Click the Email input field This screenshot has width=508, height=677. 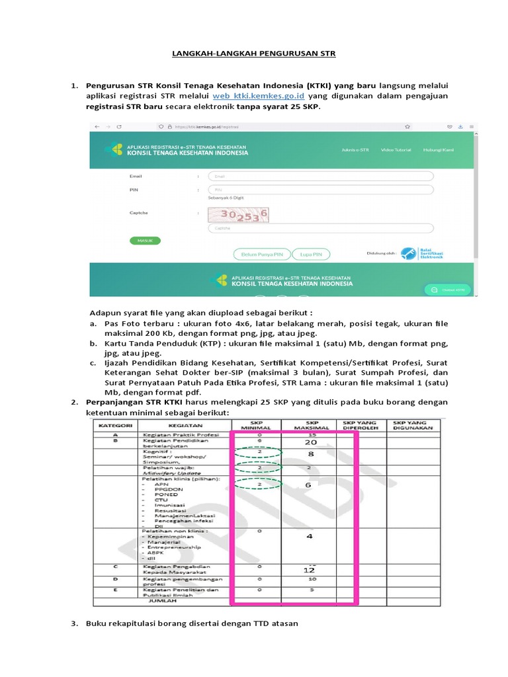(321, 177)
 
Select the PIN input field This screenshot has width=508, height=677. (321, 190)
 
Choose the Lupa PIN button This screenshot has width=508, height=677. (311, 254)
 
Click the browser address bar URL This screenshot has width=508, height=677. (212, 126)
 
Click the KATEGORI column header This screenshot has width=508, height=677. (116, 424)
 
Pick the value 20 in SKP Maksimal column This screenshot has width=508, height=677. (308, 443)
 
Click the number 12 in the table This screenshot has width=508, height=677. (308, 569)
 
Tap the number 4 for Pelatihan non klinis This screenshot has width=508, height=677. (309, 537)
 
